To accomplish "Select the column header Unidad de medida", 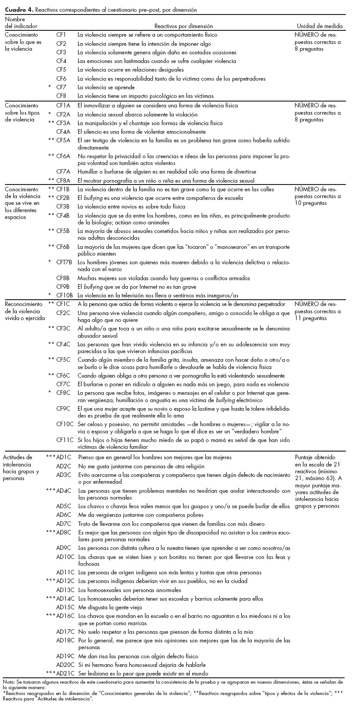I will (x=320, y=26).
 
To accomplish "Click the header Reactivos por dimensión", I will (x=183, y=26).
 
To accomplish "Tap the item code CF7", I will (x=61, y=87).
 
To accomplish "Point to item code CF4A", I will (x=63, y=131).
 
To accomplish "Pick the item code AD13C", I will (x=65, y=590).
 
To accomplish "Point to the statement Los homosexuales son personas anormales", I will (x=129, y=590).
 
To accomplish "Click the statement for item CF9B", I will (x=137, y=287).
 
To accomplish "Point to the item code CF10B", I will (x=64, y=295).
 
